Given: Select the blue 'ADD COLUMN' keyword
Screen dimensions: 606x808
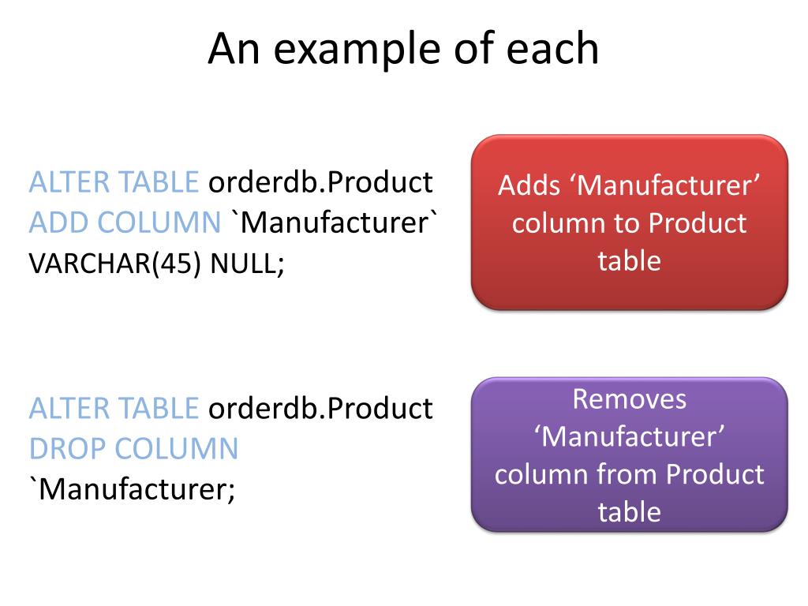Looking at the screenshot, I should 125,223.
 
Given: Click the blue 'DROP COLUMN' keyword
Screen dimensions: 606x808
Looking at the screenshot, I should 133,449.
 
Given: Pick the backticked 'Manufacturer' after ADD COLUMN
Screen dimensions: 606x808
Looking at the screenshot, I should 332,223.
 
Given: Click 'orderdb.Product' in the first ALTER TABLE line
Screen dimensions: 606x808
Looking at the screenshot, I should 320,182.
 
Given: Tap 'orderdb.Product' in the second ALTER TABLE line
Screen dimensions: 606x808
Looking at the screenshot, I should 320,408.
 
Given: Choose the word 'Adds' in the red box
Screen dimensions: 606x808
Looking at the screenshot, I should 527,186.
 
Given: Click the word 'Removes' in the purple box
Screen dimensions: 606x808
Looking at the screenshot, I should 630,398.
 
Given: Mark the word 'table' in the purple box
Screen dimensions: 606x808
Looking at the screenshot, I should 629,511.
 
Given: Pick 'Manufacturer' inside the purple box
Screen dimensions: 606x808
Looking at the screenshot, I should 630,436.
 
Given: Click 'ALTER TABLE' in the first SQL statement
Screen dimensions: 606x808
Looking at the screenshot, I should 114,182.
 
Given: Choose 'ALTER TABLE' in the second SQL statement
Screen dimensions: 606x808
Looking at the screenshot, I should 114,408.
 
